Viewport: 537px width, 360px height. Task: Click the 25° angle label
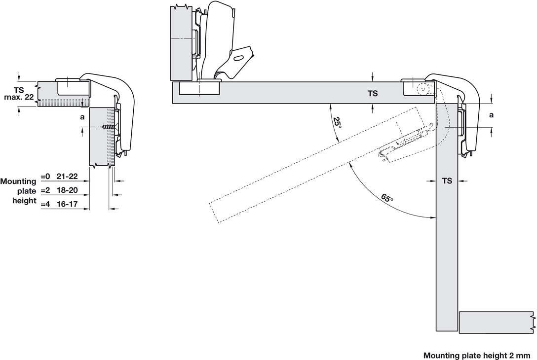tap(337, 122)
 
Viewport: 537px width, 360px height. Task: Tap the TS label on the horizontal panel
tap(373, 93)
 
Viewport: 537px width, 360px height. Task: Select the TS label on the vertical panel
tap(447, 181)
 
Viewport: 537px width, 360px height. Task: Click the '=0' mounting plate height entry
tap(45, 176)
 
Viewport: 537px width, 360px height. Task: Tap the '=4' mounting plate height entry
tap(45, 204)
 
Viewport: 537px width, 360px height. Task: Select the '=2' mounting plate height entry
tap(45, 190)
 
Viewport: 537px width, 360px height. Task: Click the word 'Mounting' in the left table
tap(18, 181)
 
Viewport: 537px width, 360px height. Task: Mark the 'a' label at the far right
tap(491, 115)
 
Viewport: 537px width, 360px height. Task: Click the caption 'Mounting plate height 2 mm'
tap(476, 355)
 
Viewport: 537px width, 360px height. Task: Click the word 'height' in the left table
tap(24, 201)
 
